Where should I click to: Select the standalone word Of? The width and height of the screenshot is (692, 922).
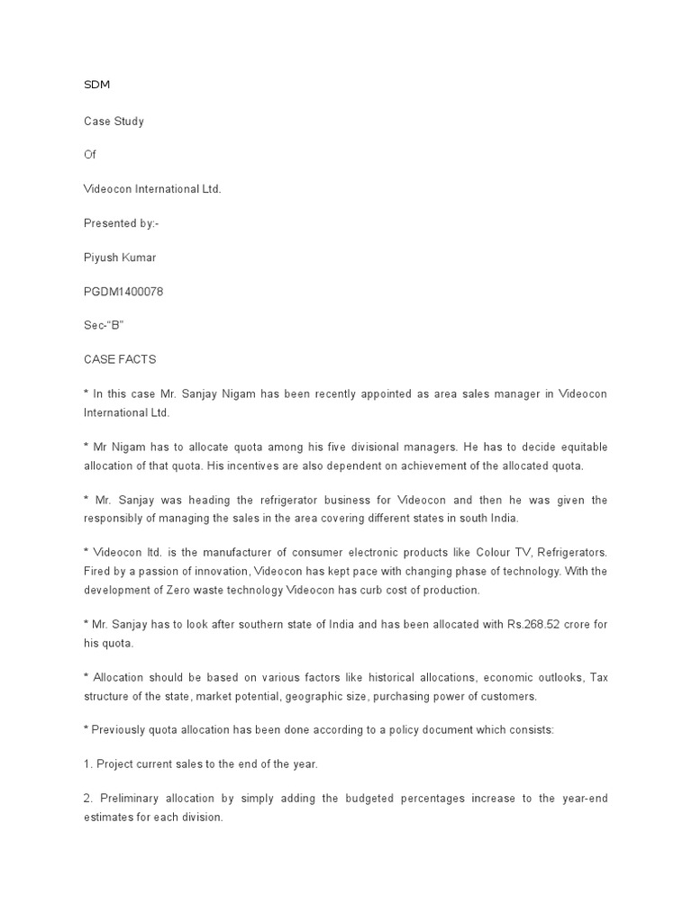pos(88,154)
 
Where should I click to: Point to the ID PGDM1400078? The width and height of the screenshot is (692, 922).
pos(123,291)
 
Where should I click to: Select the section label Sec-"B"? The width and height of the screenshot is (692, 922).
pos(102,325)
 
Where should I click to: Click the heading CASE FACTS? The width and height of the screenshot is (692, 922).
pos(119,359)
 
